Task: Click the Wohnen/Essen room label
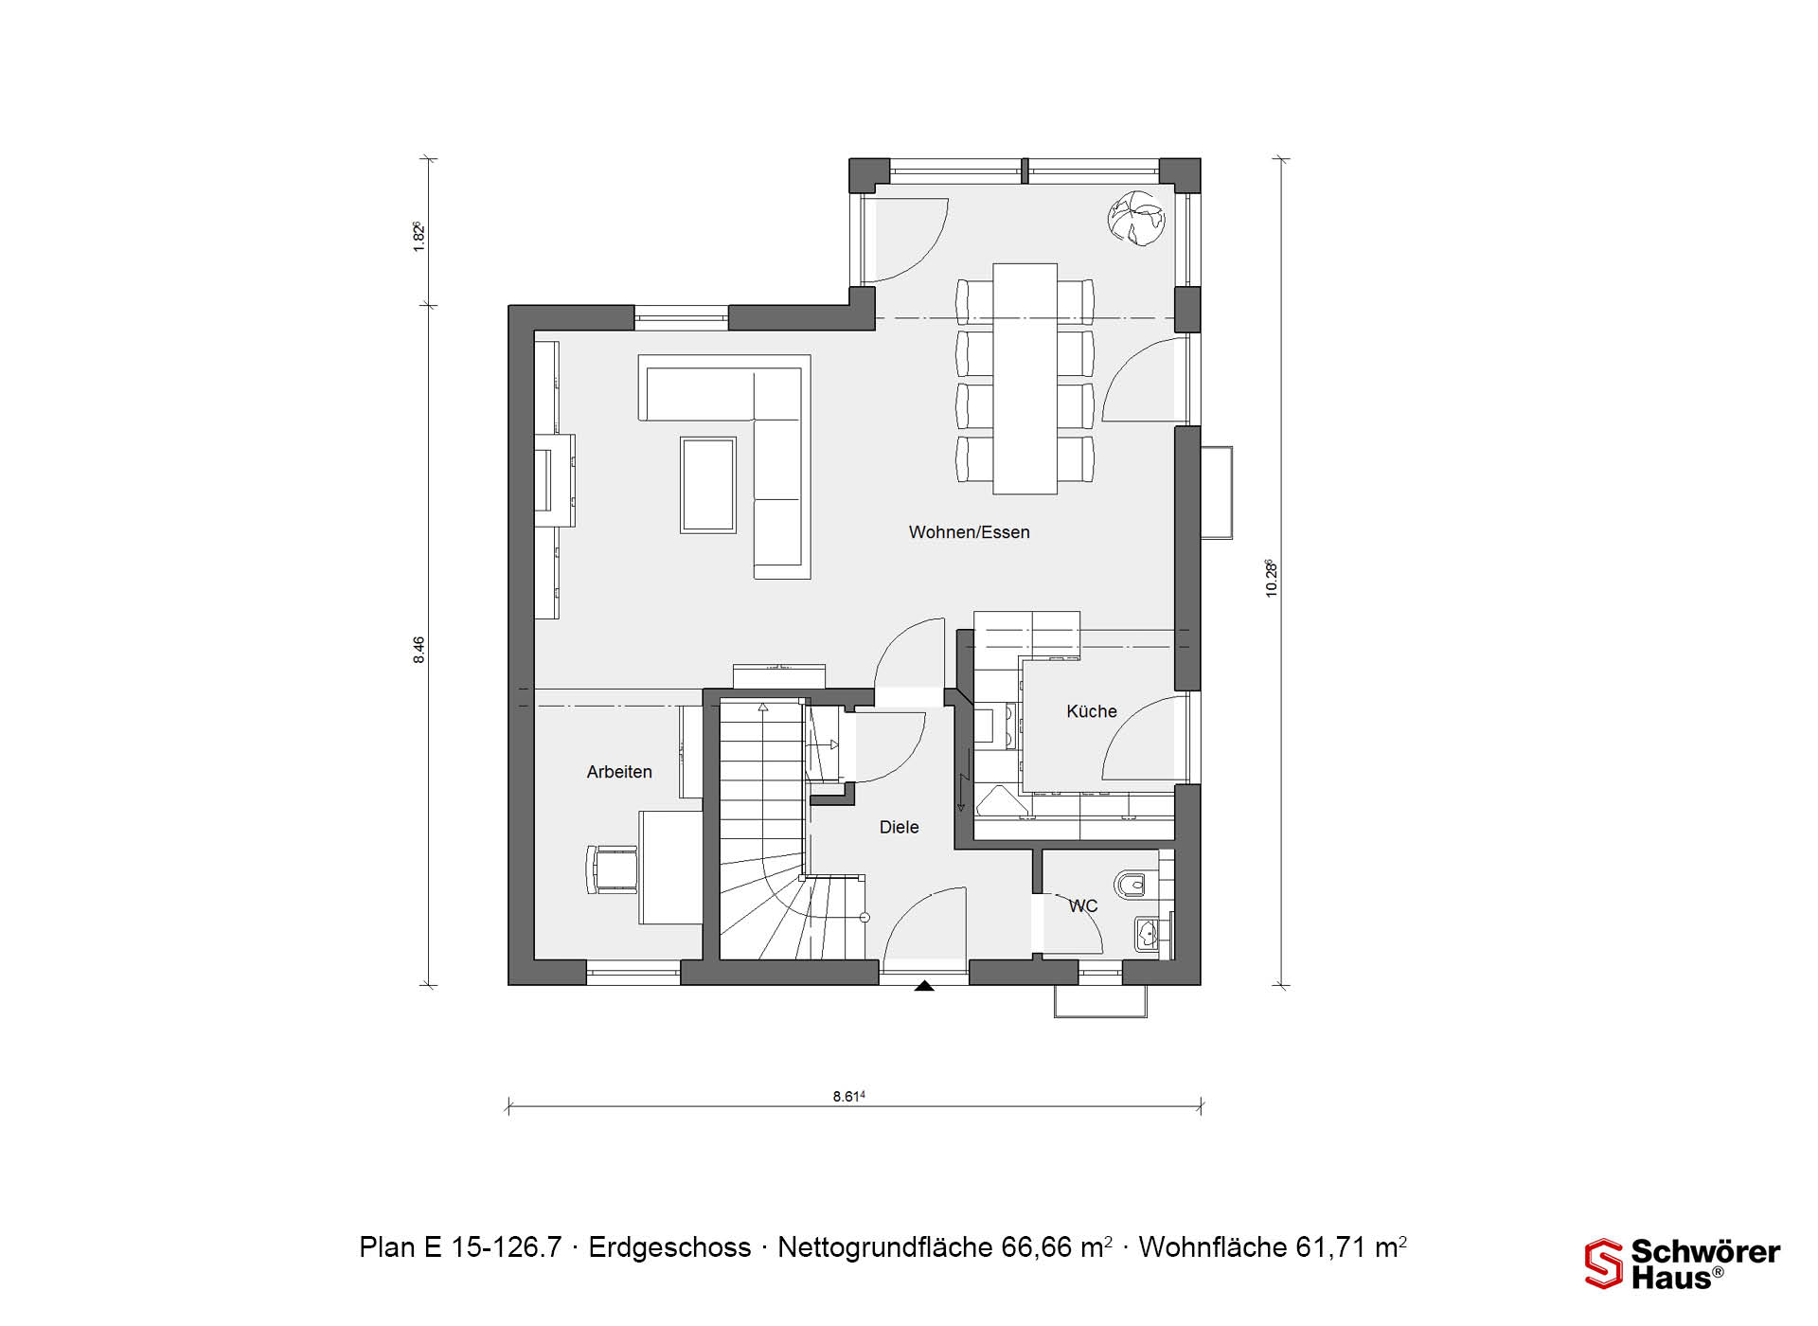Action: point(969,532)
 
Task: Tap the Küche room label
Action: point(1092,711)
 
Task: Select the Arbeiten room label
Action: point(619,772)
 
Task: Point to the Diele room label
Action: point(899,827)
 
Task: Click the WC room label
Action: point(1083,906)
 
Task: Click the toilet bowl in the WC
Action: point(1130,885)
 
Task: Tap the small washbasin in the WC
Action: point(1148,935)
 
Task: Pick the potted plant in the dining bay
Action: point(1136,219)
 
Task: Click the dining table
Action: point(1025,379)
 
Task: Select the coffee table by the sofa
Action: point(708,484)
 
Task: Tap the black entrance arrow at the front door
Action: point(924,986)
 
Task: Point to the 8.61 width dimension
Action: point(849,1097)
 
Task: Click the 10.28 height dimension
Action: point(1272,578)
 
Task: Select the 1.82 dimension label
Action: point(419,236)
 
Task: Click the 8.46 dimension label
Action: point(419,650)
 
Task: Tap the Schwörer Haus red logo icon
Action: point(1604,1263)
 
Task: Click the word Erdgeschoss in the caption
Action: point(669,1247)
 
